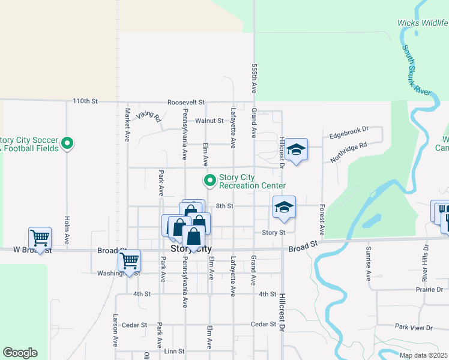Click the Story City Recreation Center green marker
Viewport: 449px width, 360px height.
(210, 180)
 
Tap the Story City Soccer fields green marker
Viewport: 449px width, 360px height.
(68, 144)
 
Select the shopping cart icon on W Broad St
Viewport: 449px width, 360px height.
(40, 238)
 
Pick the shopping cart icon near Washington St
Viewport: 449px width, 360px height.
(129, 260)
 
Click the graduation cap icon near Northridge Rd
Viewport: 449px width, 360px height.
(296, 149)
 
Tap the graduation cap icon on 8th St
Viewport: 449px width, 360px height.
(284, 208)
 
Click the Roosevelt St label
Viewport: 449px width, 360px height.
(186, 102)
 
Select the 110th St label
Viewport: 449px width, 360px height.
(85, 101)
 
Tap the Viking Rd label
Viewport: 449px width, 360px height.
(148, 116)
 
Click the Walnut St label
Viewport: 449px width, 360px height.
(209, 121)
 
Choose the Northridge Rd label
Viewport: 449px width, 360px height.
(349, 154)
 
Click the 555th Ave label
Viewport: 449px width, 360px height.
(255, 79)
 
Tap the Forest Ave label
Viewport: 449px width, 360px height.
(322, 220)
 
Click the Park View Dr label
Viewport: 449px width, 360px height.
(414, 328)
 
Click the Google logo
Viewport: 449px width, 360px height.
(20, 353)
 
